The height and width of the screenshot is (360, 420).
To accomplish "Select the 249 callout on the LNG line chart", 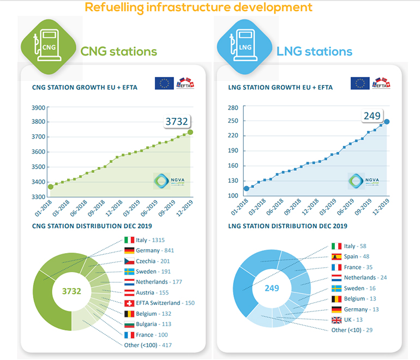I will tap(373, 116).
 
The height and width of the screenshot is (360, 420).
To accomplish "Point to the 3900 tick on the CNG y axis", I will tap(38, 107).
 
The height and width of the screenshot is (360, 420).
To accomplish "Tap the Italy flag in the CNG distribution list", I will tap(130, 241).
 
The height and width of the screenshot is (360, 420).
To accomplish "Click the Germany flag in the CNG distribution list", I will tap(130, 251).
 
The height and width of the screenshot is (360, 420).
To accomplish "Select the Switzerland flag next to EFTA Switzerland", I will tap(130, 303).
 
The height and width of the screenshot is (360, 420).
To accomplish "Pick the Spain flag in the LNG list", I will tap(337, 257).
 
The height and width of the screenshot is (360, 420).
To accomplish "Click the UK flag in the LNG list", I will tap(337, 319).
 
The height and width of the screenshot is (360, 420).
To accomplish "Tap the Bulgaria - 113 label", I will tap(155, 324).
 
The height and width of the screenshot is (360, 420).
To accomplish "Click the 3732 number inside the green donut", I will tap(71, 291).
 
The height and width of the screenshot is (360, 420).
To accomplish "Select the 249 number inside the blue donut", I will tap(271, 287).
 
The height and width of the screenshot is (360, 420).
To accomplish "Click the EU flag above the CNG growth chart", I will tap(164, 83).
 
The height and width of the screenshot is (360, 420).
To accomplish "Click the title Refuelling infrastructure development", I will tap(198, 7).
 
